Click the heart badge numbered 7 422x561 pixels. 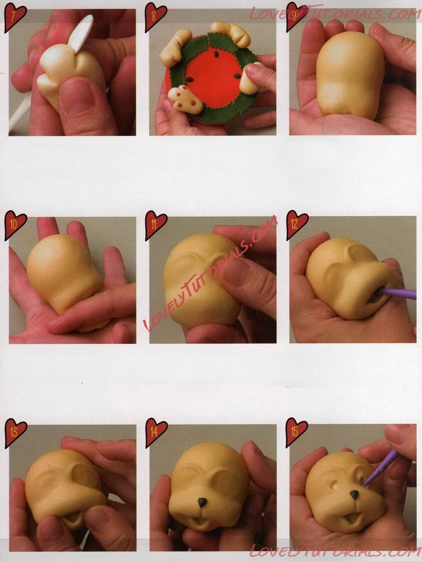pyautogui.click(x=15, y=17)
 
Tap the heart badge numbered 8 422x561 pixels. pyautogui.click(x=155, y=17)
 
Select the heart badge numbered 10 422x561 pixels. pyautogui.click(x=15, y=225)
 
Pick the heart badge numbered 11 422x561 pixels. pyautogui.click(x=156, y=225)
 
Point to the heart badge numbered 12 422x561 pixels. pyautogui.click(x=297, y=225)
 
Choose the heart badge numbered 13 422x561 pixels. pyautogui.click(x=15, y=432)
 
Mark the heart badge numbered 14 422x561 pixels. pyautogui.click(x=156, y=432)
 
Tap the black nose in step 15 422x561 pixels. pyautogui.click(x=354, y=495)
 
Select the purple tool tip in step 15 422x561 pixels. pyautogui.click(x=364, y=484)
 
